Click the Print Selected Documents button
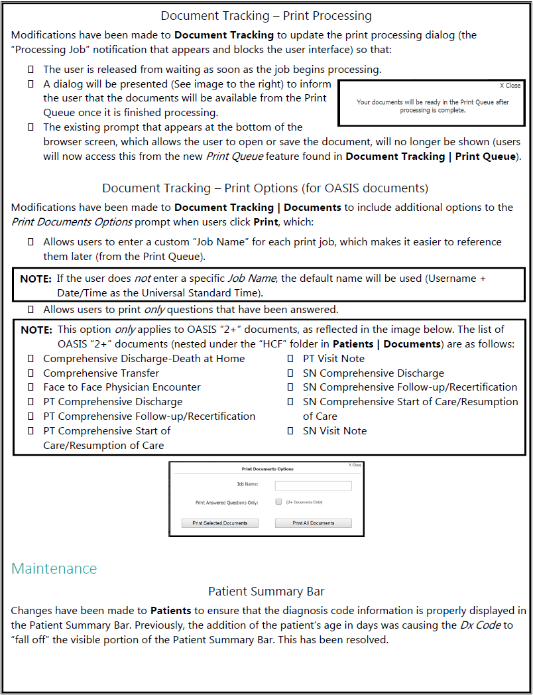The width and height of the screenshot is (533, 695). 219,523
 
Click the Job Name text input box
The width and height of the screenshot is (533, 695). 313,485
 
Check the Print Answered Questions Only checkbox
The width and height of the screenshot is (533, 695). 278,502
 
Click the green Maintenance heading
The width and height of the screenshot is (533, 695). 54,568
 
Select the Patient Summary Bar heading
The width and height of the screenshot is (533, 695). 266,591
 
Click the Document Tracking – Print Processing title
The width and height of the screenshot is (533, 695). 266,15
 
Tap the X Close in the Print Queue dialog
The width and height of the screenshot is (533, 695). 510,86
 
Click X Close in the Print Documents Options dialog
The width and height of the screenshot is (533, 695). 355,465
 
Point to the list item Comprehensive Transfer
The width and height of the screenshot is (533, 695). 101,373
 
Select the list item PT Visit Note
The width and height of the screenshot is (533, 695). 333,358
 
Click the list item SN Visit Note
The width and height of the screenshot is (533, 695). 334,430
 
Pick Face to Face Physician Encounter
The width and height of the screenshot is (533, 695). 121,387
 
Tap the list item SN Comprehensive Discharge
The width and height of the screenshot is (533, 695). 373,373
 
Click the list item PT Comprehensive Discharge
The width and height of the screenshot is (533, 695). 112,402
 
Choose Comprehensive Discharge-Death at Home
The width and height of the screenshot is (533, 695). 144,358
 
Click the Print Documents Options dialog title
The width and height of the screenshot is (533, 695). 267,469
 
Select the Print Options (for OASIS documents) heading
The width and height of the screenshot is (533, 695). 265,188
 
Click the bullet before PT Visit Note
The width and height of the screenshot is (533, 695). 290,359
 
